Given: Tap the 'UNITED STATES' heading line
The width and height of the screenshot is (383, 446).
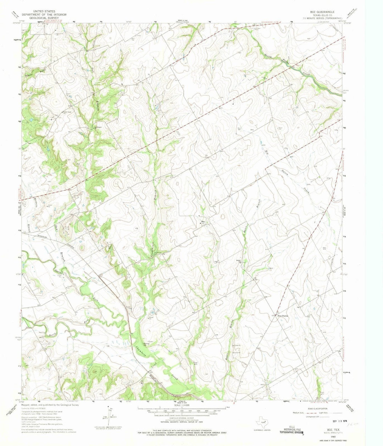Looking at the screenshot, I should click(43, 12).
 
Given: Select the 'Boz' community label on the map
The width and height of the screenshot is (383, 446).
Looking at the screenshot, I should click(203, 222).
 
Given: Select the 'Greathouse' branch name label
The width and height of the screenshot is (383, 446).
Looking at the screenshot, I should click(155, 245).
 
